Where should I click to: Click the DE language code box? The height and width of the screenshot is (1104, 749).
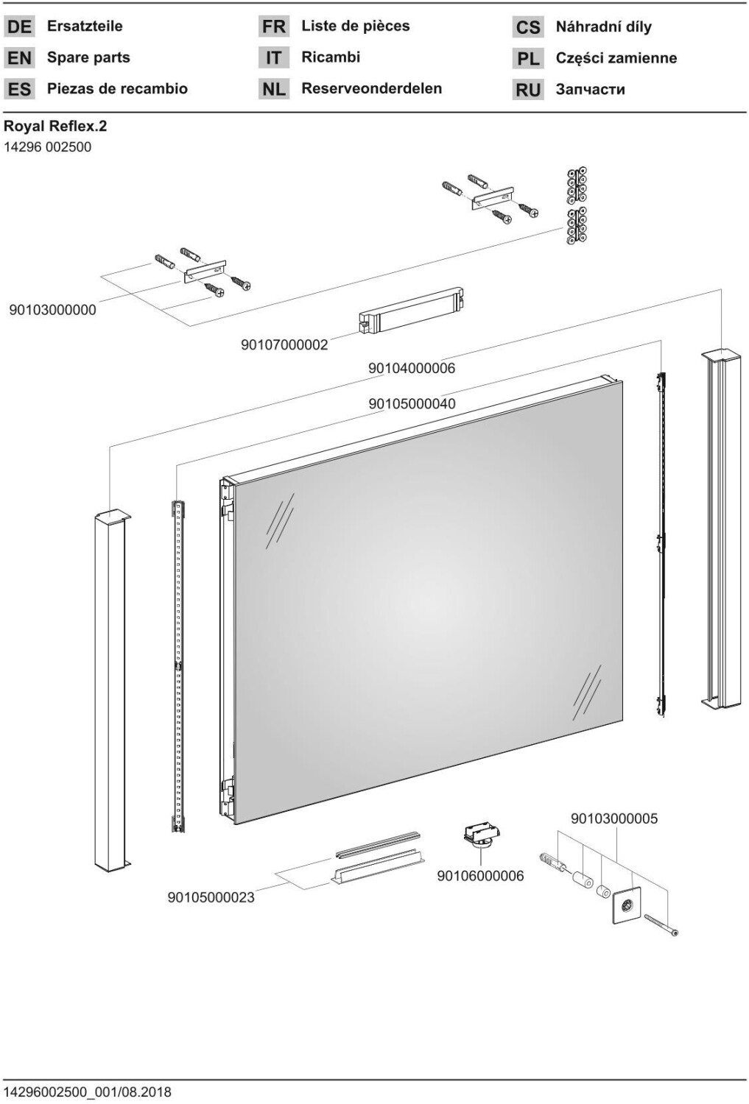(x=19, y=27)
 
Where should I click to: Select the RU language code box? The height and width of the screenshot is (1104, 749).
(x=528, y=90)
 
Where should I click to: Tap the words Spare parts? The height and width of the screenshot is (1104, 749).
(x=88, y=57)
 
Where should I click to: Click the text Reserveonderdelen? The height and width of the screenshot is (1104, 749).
(x=371, y=88)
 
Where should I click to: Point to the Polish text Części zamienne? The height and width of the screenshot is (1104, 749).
(x=616, y=58)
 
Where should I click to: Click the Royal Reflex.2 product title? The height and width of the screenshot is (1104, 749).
(x=55, y=126)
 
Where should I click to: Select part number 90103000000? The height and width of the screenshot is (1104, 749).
(x=52, y=310)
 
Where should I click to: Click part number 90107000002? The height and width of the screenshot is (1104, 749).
(x=284, y=344)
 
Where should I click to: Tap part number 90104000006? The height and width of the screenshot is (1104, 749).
(x=412, y=368)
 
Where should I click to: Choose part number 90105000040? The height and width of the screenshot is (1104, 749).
(x=412, y=403)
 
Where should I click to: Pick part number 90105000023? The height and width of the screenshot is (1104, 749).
(x=211, y=897)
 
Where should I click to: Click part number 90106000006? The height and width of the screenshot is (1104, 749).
(x=480, y=876)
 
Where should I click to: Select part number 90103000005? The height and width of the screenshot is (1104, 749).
(x=614, y=818)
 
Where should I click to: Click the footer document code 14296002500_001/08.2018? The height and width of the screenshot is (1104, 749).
(x=88, y=1091)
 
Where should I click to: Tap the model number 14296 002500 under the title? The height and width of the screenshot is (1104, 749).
(x=48, y=147)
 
